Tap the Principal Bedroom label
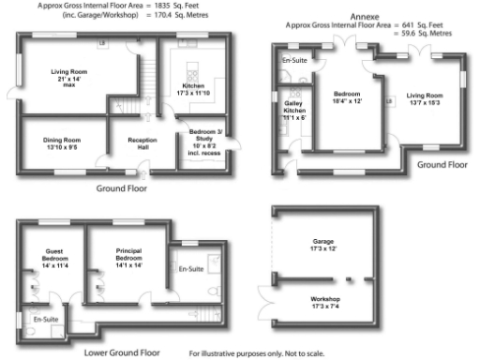128,257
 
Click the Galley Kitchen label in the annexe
293,112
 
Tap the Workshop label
322,301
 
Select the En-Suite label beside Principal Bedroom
191,269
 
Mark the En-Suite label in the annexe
293,61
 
